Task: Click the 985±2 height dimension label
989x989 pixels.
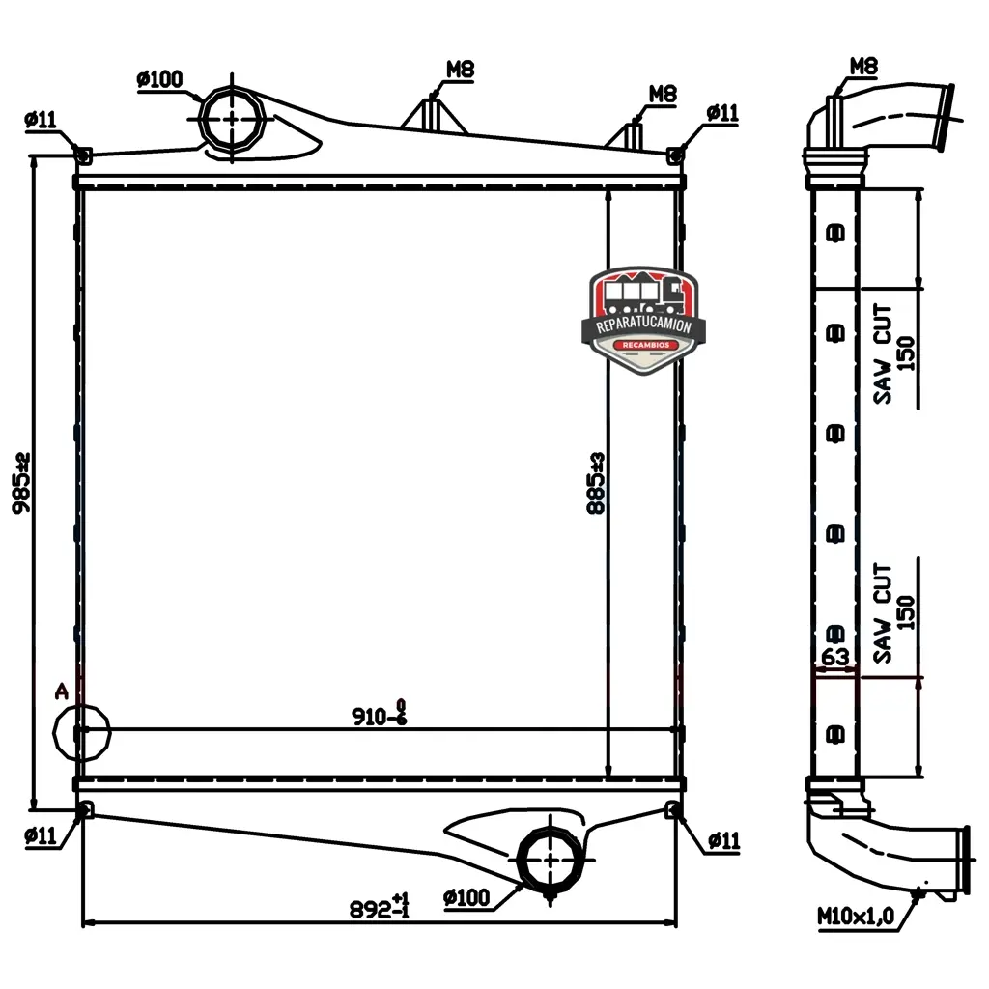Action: pyautogui.click(x=21, y=483)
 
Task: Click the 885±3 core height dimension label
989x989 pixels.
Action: pyautogui.click(x=595, y=483)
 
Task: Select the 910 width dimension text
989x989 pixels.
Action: pyautogui.click(x=379, y=714)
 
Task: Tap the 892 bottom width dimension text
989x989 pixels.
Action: pyautogui.click(x=379, y=906)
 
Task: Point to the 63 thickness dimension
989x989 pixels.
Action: pyautogui.click(x=834, y=657)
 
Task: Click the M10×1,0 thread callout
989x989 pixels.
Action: pyautogui.click(x=856, y=916)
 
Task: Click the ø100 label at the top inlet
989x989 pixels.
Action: pyautogui.click(x=159, y=79)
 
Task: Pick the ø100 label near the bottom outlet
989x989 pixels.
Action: pyautogui.click(x=466, y=897)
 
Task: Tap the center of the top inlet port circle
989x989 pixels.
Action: pyautogui.click(x=232, y=118)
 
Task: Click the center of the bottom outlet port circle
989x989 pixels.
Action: pyautogui.click(x=551, y=859)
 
